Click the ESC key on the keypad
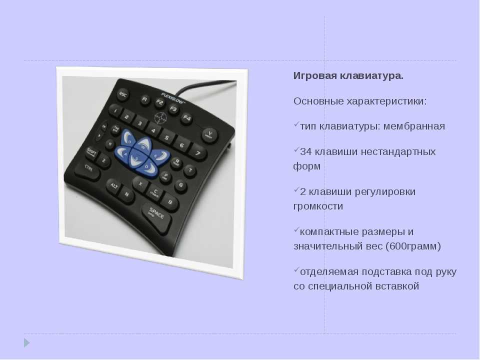123,94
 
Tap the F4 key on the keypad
186,118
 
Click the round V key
210,134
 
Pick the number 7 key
198,152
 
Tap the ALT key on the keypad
113,186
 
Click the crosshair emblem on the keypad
160,118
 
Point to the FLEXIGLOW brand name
173,97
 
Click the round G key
181,185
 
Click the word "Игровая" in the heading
315,75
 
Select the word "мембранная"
414,126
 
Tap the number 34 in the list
306,151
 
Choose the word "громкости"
318,206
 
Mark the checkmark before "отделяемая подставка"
296,269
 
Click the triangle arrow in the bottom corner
27,343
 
